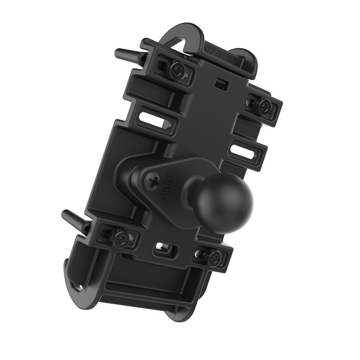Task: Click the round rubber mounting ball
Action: pyautogui.click(x=224, y=202)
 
